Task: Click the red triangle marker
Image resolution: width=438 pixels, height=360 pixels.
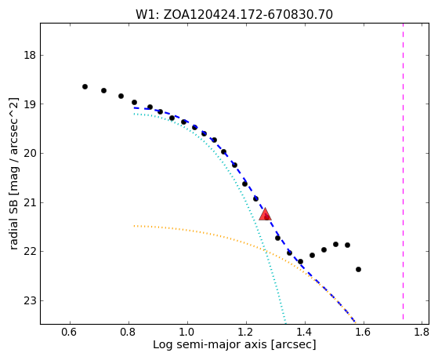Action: [x=265, y=214]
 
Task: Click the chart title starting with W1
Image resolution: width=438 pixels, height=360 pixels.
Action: [x=234, y=15]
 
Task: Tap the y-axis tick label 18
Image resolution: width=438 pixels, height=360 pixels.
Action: [x=30, y=56]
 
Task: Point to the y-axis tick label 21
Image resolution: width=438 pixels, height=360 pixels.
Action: [x=30, y=202]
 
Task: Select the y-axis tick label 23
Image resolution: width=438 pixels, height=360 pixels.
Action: [x=30, y=300]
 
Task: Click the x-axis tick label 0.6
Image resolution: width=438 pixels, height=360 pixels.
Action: [x=70, y=332]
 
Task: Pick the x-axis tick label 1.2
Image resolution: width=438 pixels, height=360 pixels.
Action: [x=246, y=332]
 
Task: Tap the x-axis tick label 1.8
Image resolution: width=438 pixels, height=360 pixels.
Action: [x=422, y=332]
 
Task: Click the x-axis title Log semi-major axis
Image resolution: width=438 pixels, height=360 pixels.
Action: [x=234, y=344]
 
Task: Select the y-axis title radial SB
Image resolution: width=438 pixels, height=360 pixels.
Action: [x=13, y=173]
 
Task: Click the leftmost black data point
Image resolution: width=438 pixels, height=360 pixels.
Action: [x=85, y=87]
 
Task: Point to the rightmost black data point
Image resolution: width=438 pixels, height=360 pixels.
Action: [x=358, y=269]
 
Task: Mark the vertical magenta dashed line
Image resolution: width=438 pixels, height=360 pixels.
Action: [x=403, y=171]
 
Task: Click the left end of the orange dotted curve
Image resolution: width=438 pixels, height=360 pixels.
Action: [x=134, y=226]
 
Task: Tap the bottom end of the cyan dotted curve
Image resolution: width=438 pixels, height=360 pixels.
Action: [x=285, y=322]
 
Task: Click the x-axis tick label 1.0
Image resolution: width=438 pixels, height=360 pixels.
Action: [x=187, y=332]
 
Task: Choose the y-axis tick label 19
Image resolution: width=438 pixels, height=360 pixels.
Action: [x=30, y=104]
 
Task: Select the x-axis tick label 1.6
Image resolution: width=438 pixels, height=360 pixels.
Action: [x=364, y=332]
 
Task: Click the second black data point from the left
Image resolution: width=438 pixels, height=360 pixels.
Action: [x=103, y=91]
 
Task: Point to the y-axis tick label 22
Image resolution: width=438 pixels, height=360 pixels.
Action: [x=30, y=252]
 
